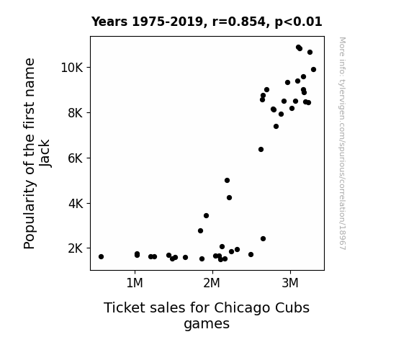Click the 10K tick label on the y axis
[72, 68]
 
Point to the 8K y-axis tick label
[76, 113]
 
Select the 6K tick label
[76, 158]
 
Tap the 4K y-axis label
[76, 203]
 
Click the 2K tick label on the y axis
[76, 248]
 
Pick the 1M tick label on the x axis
[135, 283]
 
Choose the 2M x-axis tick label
[212, 283]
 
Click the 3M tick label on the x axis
[290, 283]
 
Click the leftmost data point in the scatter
[101, 256]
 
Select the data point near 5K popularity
[227, 181]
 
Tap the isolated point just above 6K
[261, 150]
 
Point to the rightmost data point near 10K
[313, 69]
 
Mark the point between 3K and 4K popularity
[206, 216]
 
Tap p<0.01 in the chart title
[298, 22]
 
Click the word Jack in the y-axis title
[45, 153]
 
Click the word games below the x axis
[207, 324]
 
